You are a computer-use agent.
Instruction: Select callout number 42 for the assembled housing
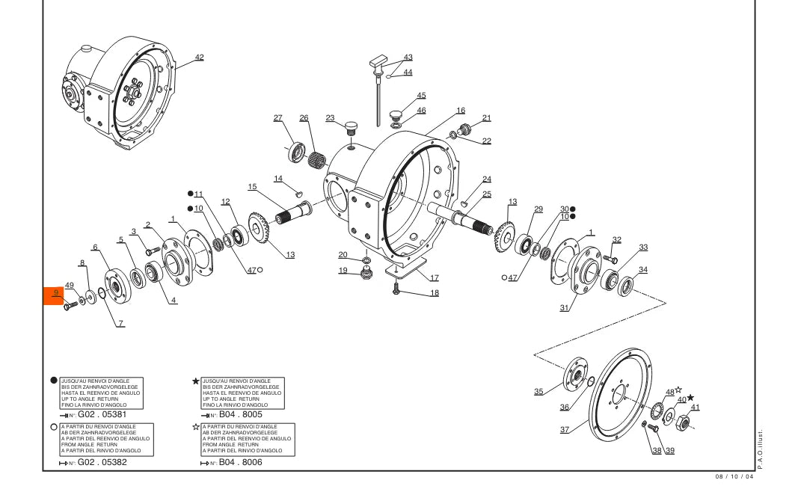pos(199,57)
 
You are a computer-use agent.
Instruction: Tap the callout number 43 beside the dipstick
pos(408,57)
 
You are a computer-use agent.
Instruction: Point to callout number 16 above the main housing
pos(461,110)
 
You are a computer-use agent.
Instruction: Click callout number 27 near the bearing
pos(277,117)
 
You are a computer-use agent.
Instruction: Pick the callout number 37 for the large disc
pos(565,429)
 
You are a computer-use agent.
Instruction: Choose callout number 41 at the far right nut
pos(696,407)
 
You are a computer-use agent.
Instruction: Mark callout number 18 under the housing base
pos(435,292)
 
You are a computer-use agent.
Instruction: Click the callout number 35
pos(538,391)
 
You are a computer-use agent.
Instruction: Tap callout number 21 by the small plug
pos(487,117)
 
